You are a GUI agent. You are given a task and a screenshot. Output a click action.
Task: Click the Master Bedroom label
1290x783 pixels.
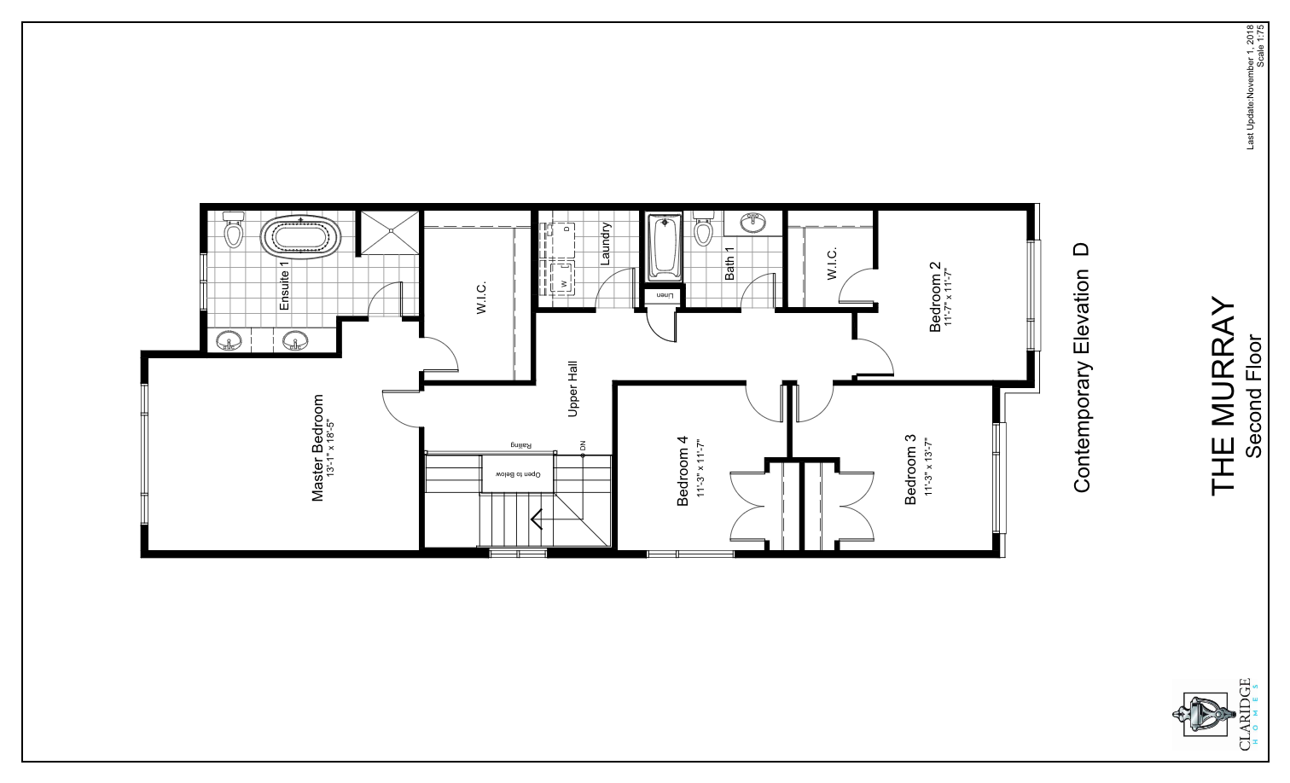(x=318, y=447)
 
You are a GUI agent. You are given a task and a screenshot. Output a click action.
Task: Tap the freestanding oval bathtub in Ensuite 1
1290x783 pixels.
(x=299, y=238)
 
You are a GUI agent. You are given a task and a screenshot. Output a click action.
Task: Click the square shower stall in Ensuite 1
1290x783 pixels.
(x=389, y=230)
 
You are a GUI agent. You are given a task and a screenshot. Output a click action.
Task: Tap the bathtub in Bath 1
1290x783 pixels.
(x=665, y=246)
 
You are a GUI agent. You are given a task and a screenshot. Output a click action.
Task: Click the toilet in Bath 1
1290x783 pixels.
(x=702, y=229)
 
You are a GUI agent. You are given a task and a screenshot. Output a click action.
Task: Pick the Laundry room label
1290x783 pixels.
(x=606, y=244)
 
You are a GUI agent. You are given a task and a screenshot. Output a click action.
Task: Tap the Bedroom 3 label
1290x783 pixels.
(x=910, y=470)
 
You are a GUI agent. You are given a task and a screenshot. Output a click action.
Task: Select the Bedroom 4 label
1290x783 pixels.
(x=683, y=472)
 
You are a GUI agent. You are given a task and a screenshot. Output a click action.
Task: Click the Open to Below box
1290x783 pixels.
(x=519, y=473)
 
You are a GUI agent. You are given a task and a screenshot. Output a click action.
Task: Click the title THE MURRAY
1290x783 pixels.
(x=1223, y=396)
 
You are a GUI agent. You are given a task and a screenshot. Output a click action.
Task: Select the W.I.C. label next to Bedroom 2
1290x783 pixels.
(x=832, y=263)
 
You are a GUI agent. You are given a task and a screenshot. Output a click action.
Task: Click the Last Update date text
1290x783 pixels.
(x=1252, y=89)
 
